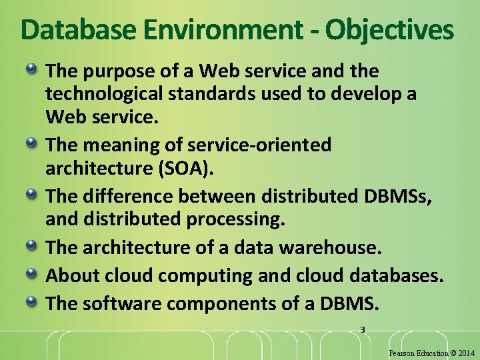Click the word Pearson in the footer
pyautogui.click(x=401, y=353)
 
